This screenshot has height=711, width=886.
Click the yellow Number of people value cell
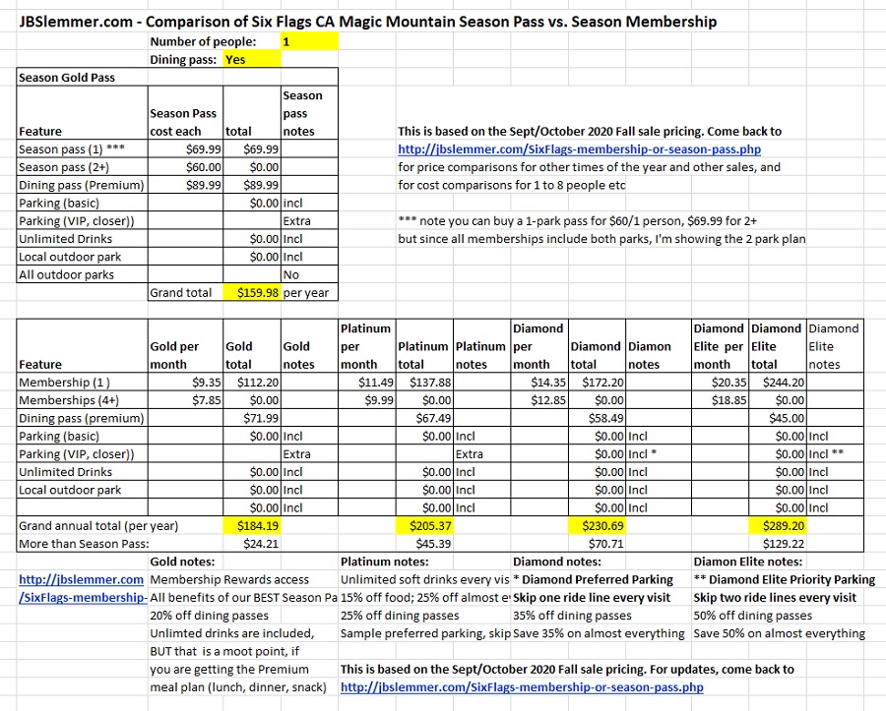pyautogui.click(x=309, y=41)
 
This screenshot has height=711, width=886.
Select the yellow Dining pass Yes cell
pyautogui.click(x=252, y=59)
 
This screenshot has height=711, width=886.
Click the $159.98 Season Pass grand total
pyautogui.click(x=252, y=293)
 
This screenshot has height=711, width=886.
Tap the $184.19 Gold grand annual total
pyautogui.click(x=252, y=526)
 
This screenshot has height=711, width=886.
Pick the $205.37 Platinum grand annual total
pyautogui.click(x=423, y=526)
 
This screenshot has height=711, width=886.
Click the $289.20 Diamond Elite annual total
pyautogui.click(x=778, y=526)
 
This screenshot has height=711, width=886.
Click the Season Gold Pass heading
pyautogui.click(x=67, y=78)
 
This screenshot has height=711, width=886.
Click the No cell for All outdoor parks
pyautogui.click(x=291, y=274)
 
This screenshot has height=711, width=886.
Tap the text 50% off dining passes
pyautogui.click(x=753, y=616)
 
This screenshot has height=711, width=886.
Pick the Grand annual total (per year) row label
pyautogui.click(x=98, y=526)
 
